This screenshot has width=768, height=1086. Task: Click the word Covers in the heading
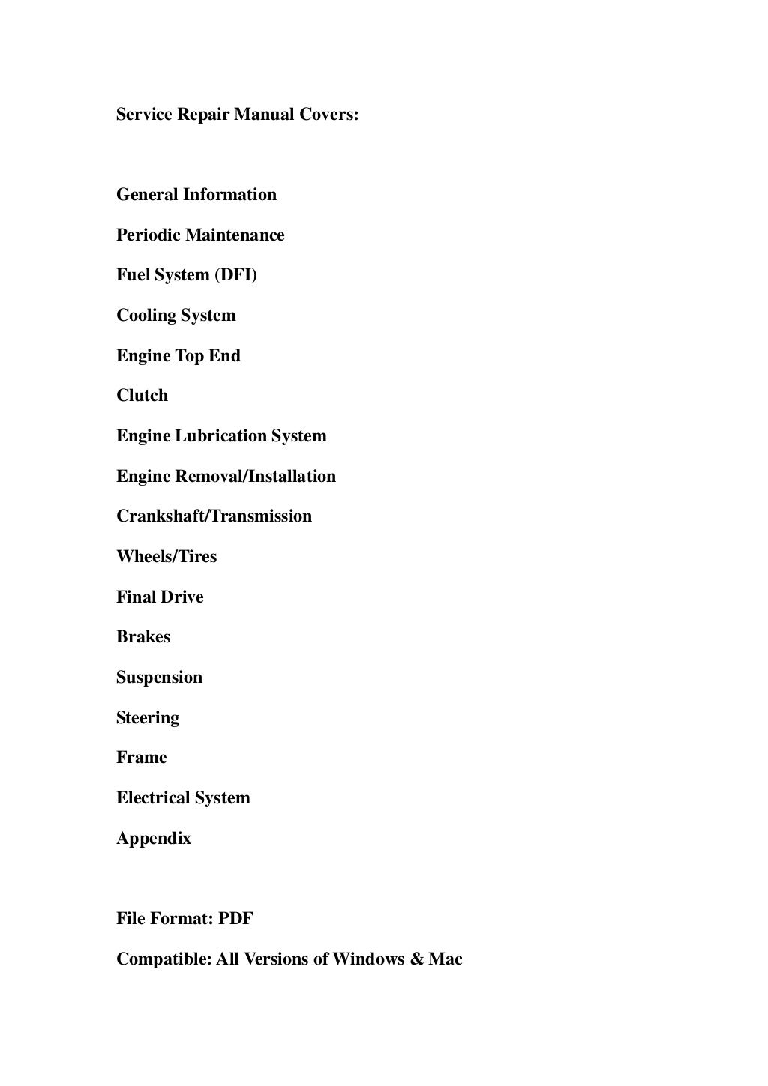[x=329, y=115]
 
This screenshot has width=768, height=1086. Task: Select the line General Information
[x=196, y=195]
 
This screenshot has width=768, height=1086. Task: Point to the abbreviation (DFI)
[x=235, y=275]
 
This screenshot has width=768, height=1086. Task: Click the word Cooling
[x=144, y=316]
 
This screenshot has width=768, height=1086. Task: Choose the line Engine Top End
[x=178, y=356]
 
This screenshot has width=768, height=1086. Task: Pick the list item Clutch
[x=142, y=396]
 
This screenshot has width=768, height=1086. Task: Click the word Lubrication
[x=221, y=436]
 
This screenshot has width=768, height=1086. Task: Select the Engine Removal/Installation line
[x=226, y=477]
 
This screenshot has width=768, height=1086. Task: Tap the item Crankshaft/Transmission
[x=214, y=516]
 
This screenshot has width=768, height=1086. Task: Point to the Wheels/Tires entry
[x=166, y=557]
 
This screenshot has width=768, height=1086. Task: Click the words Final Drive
[x=160, y=597]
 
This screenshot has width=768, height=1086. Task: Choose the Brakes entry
[x=143, y=637]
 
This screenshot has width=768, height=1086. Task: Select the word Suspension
[x=159, y=678]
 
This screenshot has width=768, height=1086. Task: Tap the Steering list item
[x=148, y=718]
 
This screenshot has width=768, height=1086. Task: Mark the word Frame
[x=142, y=758]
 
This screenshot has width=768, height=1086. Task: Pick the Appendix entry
[x=154, y=839]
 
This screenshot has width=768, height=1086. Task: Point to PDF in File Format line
[x=235, y=919]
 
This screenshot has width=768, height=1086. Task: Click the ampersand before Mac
[x=417, y=959]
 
